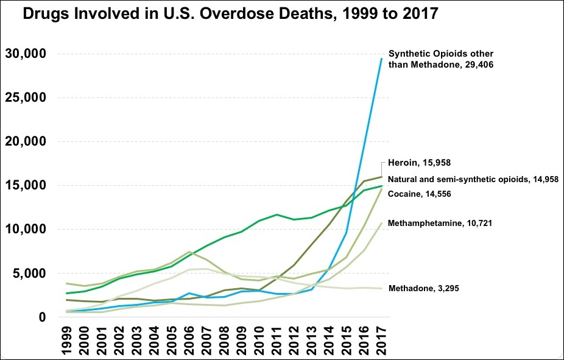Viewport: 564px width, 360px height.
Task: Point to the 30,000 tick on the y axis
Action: coord(26,54)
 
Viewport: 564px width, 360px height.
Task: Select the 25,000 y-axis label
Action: coord(26,98)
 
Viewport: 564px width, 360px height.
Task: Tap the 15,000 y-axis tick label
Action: coord(26,186)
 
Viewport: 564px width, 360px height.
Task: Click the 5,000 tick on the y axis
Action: coord(30,274)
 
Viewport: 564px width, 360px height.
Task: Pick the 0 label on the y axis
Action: coord(41,317)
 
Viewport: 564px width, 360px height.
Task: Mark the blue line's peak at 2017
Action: coord(381,58)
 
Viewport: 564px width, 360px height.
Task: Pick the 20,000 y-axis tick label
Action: coord(26,142)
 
